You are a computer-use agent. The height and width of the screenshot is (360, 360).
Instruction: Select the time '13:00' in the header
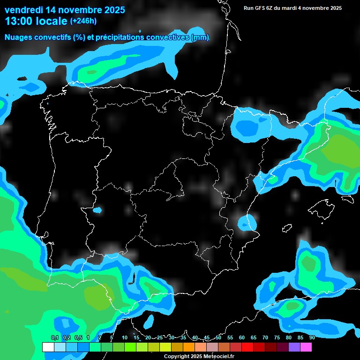coord(19,21)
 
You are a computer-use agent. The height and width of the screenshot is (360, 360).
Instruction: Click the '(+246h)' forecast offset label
coord(83,21)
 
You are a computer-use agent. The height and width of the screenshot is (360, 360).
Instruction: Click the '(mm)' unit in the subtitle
coord(200,37)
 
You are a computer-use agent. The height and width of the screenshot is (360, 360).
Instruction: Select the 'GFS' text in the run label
coord(260,8)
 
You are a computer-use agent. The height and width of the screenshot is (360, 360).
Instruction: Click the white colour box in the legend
coord(48,347)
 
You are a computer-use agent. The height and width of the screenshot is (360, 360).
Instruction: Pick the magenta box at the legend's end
coord(306,347)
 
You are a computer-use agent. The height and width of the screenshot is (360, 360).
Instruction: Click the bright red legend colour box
coord(247,347)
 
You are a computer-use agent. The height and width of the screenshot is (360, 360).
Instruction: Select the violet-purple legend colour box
coord(294,347)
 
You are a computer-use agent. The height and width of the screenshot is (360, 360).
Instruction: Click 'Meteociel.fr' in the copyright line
coord(218,357)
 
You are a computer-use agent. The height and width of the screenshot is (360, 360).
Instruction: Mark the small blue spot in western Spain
coord(97,210)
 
